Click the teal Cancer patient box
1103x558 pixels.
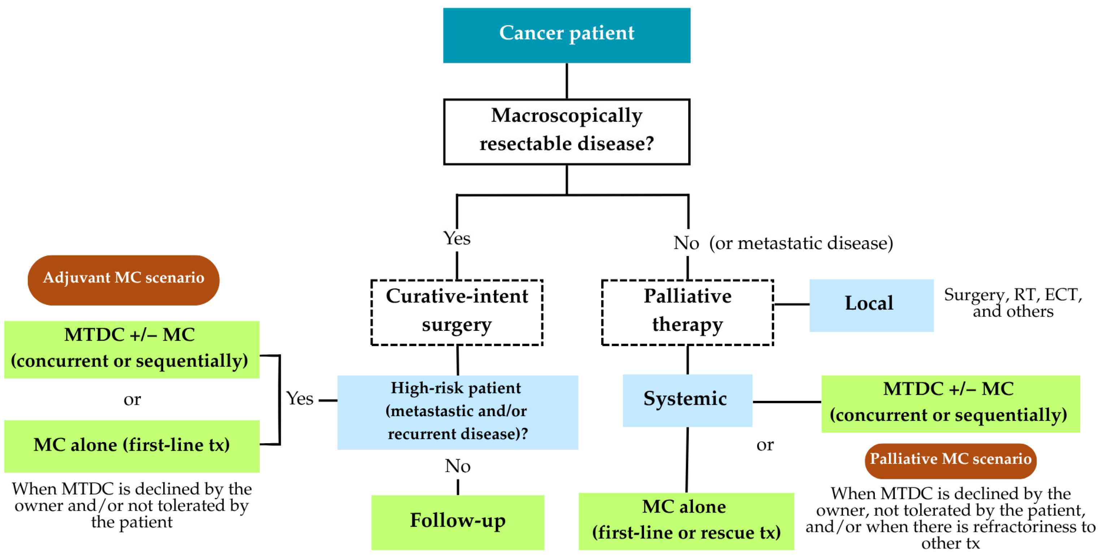(x=566, y=35)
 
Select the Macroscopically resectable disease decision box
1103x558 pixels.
(x=566, y=131)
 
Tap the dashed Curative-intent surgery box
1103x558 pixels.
(x=456, y=312)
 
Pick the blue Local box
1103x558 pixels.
(x=871, y=305)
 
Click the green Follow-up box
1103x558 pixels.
(x=457, y=522)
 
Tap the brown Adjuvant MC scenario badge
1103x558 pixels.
(x=123, y=280)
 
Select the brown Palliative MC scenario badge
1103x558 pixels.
(x=950, y=460)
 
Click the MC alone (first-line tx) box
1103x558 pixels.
(x=131, y=446)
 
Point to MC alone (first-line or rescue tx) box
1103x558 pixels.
(x=686, y=521)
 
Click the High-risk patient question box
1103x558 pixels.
(x=457, y=412)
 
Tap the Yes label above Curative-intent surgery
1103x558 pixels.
(x=456, y=238)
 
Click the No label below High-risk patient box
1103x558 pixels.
(x=457, y=466)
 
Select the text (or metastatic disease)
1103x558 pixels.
(x=801, y=243)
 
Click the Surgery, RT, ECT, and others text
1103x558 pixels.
(x=1013, y=303)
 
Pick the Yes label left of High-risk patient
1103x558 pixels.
(x=300, y=399)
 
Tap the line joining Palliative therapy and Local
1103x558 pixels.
(x=791, y=304)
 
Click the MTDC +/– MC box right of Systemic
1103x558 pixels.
(x=950, y=403)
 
